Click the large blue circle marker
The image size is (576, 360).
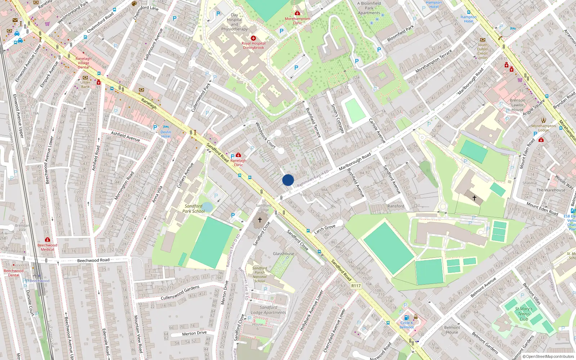[288, 180]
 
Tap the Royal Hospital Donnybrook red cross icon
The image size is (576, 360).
[253, 38]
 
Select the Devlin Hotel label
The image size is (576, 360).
[166, 134]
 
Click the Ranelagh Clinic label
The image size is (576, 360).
[238, 163]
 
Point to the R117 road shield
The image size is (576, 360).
[356, 286]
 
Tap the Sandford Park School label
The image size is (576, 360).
[194, 209]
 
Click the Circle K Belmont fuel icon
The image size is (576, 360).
[406, 318]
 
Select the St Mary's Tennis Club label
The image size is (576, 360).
[523, 314]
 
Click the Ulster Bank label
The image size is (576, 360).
[85, 84]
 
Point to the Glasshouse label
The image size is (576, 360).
[283, 254]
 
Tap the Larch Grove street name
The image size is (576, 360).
[325, 229]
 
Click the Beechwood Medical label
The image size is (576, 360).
[47, 247]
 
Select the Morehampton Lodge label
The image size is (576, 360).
[543, 128]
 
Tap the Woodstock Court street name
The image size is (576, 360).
[265, 135]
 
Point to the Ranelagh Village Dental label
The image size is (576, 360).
[83, 63]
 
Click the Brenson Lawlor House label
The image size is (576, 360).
[517, 105]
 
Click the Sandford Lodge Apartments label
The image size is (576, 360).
[269, 310]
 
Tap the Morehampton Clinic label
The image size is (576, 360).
[297, 21]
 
